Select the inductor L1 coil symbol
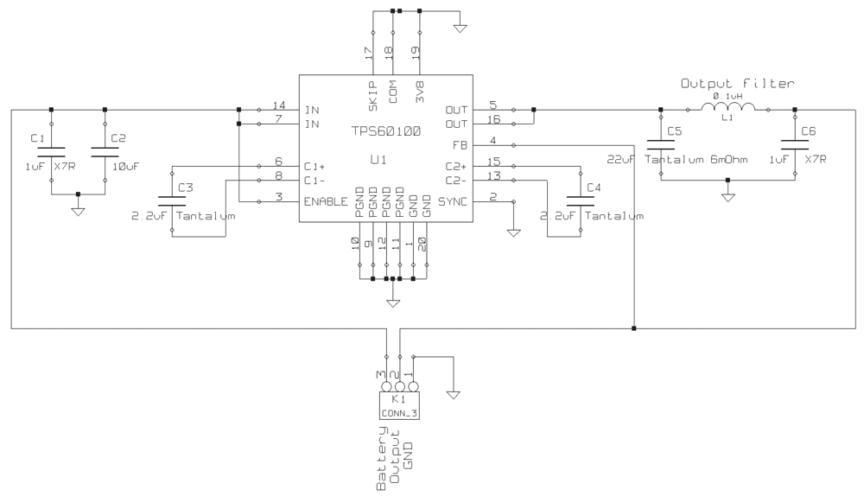pyautogui.click(x=727, y=108)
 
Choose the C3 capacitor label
pyautogui.click(x=185, y=188)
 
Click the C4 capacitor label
pyautogui.click(x=591, y=188)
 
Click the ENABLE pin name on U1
pyautogui.click(x=326, y=201)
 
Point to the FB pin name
pyautogui.click(x=460, y=145)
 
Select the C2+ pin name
pyautogui.click(x=455, y=166)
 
